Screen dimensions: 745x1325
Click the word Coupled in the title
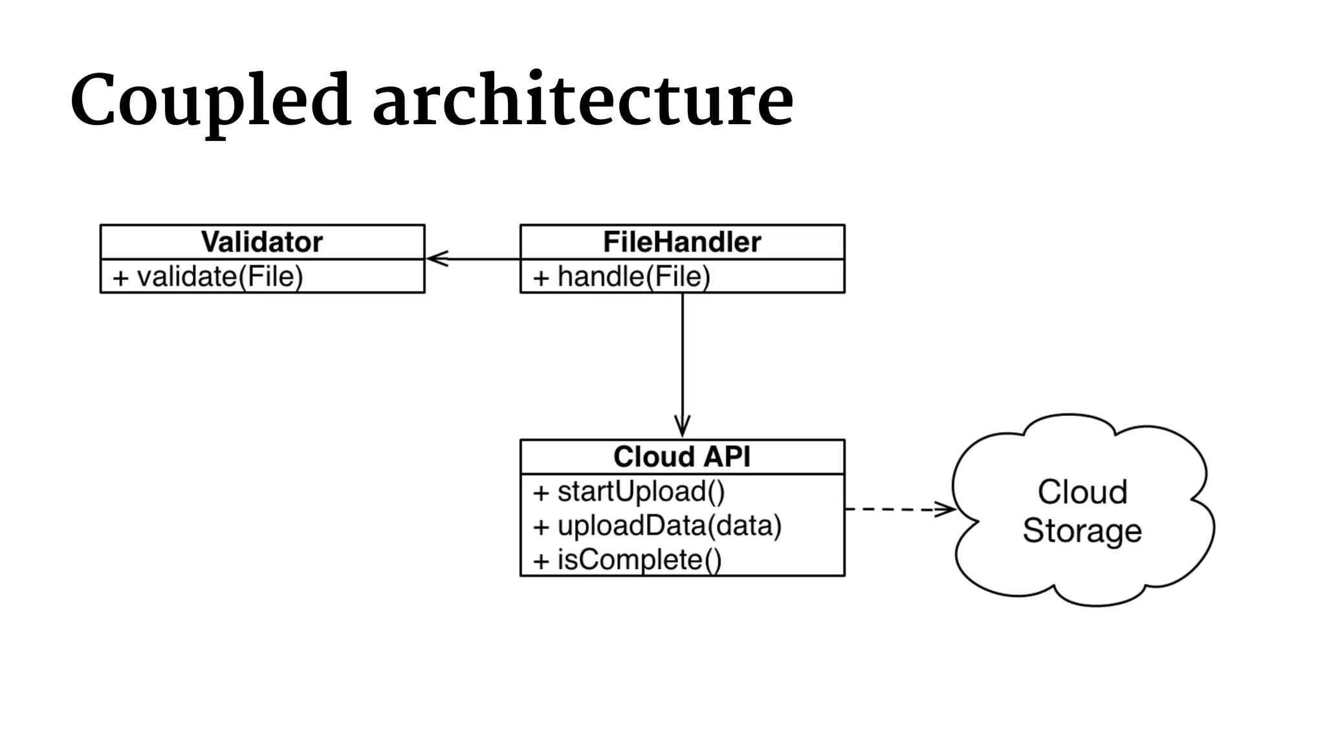click(x=210, y=100)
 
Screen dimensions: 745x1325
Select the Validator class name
click(x=262, y=242)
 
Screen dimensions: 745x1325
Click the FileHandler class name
click(x=682, y=242)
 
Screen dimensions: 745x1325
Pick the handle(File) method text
click(x=634, y=277)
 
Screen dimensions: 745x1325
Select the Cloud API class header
click(x=682, y=457)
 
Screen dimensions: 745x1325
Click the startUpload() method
click(x=641, y=491)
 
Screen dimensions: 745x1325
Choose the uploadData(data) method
click(x=670, y=526)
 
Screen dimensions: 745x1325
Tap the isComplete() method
click(x=639, y=560)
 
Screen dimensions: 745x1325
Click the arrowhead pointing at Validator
click(x=436, y=259)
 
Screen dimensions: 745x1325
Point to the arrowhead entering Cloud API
click(x=682, y=428)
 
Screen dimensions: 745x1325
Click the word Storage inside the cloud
click(x=1082, y=531)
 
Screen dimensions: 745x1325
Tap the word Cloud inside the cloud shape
click(x=1082, y=492)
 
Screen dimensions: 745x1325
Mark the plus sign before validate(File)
click(x=121, y=278)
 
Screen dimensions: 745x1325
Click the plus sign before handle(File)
click(x=541, y=278)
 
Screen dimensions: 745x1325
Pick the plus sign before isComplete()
click(x=541, y=561)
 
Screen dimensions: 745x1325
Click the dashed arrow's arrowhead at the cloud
click(x=946, y=510)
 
